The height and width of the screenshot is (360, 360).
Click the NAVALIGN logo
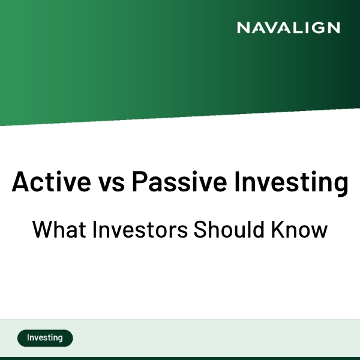tap(288, 28)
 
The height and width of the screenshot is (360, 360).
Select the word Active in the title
tap(45, 182)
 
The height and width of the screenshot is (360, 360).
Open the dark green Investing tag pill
tap(45, 338)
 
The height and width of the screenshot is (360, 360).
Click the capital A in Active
tap(20, 182)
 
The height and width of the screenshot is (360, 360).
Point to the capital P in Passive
tap(139, 182)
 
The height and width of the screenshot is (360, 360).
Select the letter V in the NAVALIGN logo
tap(271, 28)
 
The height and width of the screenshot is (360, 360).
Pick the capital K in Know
tap(283, 229)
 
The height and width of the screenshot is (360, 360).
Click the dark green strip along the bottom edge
tap(180, 358)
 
